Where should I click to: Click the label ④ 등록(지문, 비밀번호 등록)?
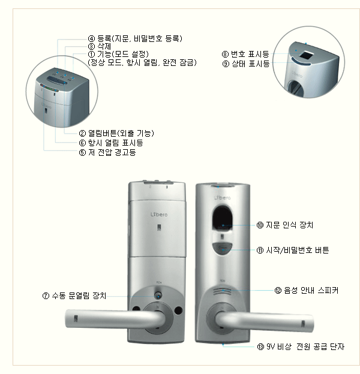tap(135, 38)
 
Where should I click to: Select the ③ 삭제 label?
tap(100, 46)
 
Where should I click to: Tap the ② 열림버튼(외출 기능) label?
tap(116, 133)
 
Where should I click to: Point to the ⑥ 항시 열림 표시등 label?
tap(111, 143)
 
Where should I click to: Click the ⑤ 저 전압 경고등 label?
tap(107, 152)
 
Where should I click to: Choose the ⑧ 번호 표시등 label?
tap(245, 54)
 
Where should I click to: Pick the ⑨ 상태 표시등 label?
tap(246, 64)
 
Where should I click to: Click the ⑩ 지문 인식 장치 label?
tap(285, 225)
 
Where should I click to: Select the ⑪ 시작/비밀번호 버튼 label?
tap(293, 250)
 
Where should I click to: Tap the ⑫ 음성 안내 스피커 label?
tap(306, 290)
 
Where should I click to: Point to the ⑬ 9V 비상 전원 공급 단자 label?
tap(301, 346)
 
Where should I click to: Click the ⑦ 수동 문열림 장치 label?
tap(74, 295)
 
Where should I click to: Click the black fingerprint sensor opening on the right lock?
tap(222, 218)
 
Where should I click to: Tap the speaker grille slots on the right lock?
tap(222, 292)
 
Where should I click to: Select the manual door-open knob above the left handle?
tap(158, 295)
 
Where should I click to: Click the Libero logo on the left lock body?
tap(159, 215)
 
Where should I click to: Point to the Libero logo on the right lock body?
tap(222, 198)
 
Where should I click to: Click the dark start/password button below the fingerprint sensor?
tap(222, 249)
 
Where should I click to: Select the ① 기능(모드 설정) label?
tap(118, 54)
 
